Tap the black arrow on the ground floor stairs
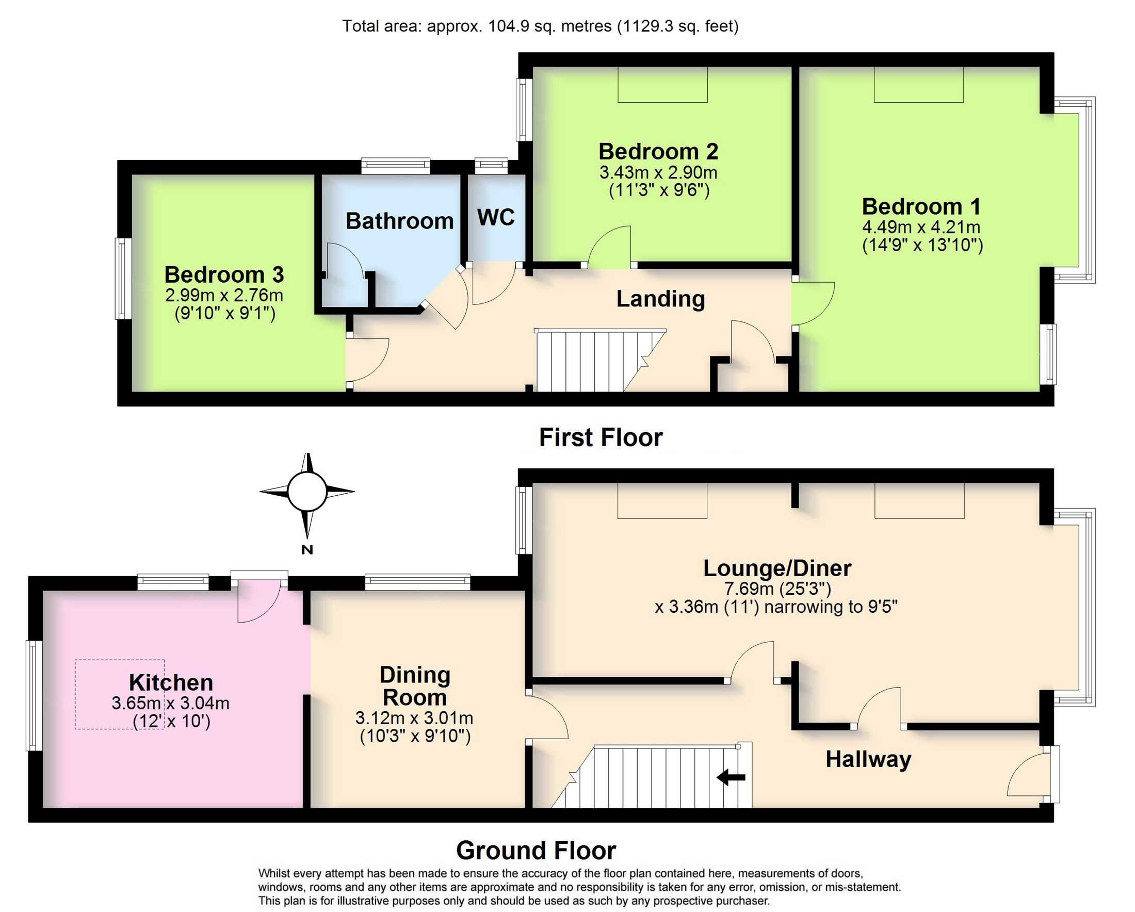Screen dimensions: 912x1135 tap(731, 777)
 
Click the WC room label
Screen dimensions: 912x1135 tap(496, 217)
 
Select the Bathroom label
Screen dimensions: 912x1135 tap(399, 221)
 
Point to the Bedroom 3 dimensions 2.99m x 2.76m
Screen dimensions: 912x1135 tap(224, 296)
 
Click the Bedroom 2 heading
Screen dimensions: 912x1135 tap(658, 152)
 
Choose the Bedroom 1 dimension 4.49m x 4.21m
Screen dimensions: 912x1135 tap(921, 227)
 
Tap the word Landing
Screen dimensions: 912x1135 tap(661, 299)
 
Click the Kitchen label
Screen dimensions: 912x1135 tap(171, 682)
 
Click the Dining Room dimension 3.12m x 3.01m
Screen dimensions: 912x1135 tap(414, 718)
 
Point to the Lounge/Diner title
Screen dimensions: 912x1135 tap(777, 568)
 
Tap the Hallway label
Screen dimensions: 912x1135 tap(868, 759)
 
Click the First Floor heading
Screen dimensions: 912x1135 tap(601, 438)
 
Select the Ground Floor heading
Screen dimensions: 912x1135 tap(536, 851)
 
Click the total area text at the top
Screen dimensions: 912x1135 tap(540, 26)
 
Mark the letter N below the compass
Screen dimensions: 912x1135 tap(307, 550)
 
